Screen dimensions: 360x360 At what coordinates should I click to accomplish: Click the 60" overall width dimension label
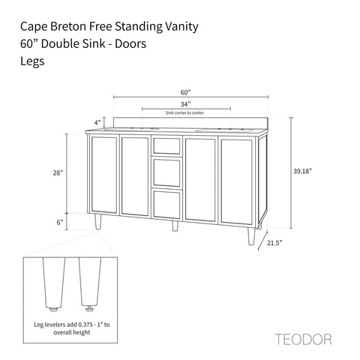coord(175,91)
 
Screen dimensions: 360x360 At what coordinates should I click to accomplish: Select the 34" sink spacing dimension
coord(175,104)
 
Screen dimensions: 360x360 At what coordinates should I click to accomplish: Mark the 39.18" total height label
coord(303,171)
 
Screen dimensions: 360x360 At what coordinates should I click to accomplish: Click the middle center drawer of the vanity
coord(166,173)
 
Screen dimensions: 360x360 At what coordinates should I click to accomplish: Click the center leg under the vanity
coord(174,226)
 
